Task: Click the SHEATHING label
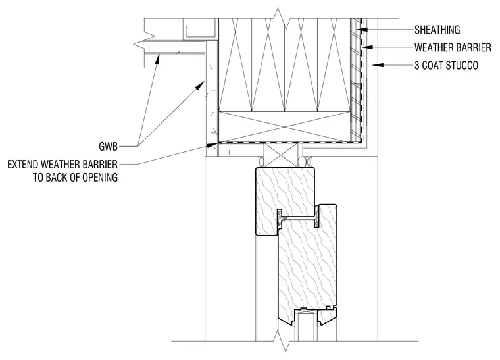[x=438, y=30]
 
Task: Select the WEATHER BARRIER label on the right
[x=453, y=47]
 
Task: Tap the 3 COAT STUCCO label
[x=447, y=65]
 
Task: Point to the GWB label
[x=109, y=146]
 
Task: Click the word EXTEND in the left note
[x=24, y=165]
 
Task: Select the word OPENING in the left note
[x=100, y=177]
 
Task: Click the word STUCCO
[x=462, y=65]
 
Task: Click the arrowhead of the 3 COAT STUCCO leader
[x=378, y=65]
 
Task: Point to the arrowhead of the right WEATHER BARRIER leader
[x=367, y=47]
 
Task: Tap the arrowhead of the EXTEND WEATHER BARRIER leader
[x=211, y=145]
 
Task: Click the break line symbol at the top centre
[x=280, y=18]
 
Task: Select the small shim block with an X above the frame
[x=281, y=155]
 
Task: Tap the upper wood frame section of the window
[x=285, y=201]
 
